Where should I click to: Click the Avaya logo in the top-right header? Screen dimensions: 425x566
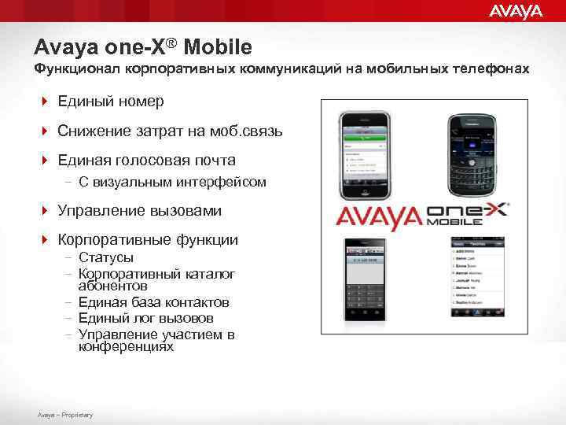[516, 11]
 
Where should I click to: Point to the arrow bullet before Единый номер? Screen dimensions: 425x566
[46, 102]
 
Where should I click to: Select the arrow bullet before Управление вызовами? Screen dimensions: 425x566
[46, 211]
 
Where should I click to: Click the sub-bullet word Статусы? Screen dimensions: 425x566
[105, 257]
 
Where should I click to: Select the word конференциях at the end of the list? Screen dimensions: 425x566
[126, 346]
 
